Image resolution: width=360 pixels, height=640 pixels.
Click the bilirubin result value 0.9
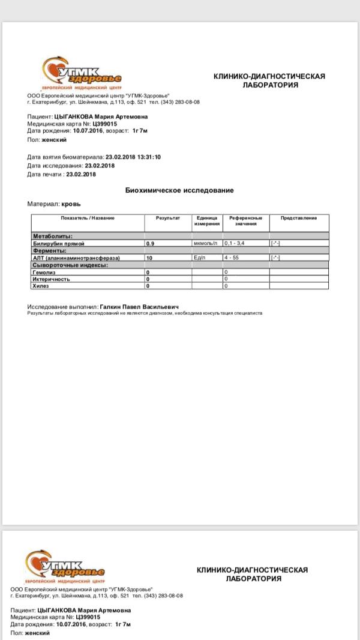[x=150, y=244]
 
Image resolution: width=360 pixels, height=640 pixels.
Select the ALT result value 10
[x=149, y=258]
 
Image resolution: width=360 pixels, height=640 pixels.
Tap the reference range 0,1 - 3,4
[x=234, y=244]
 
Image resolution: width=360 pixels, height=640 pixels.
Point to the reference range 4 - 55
[x=231, y=258]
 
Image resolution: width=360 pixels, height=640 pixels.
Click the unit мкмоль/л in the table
[x=205, y=244]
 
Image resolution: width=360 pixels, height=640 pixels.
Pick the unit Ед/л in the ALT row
[x=200, y=258]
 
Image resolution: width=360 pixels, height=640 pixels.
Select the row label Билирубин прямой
[x=58, y=244]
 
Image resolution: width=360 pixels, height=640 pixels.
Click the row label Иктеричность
[x=51, y=279]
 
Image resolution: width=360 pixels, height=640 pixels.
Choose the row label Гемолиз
[x=44, y=272]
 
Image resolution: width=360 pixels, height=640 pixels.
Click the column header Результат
[x=168, y=218]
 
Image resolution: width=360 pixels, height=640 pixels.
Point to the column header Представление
[x=298, y=218]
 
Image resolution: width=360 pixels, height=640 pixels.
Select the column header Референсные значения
[x=246, y=221]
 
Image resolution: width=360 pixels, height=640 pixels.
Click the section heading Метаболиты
[x=52, y=237]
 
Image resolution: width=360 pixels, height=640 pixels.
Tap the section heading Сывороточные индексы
[x=70, y=265]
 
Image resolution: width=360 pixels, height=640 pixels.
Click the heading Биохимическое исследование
[x=179, y=190]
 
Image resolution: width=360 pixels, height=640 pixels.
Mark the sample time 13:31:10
[x=149, y=157]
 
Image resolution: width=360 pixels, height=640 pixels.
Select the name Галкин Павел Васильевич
[x=139, y=307]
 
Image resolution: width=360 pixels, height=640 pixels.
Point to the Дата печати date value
[x=81, y=174]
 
